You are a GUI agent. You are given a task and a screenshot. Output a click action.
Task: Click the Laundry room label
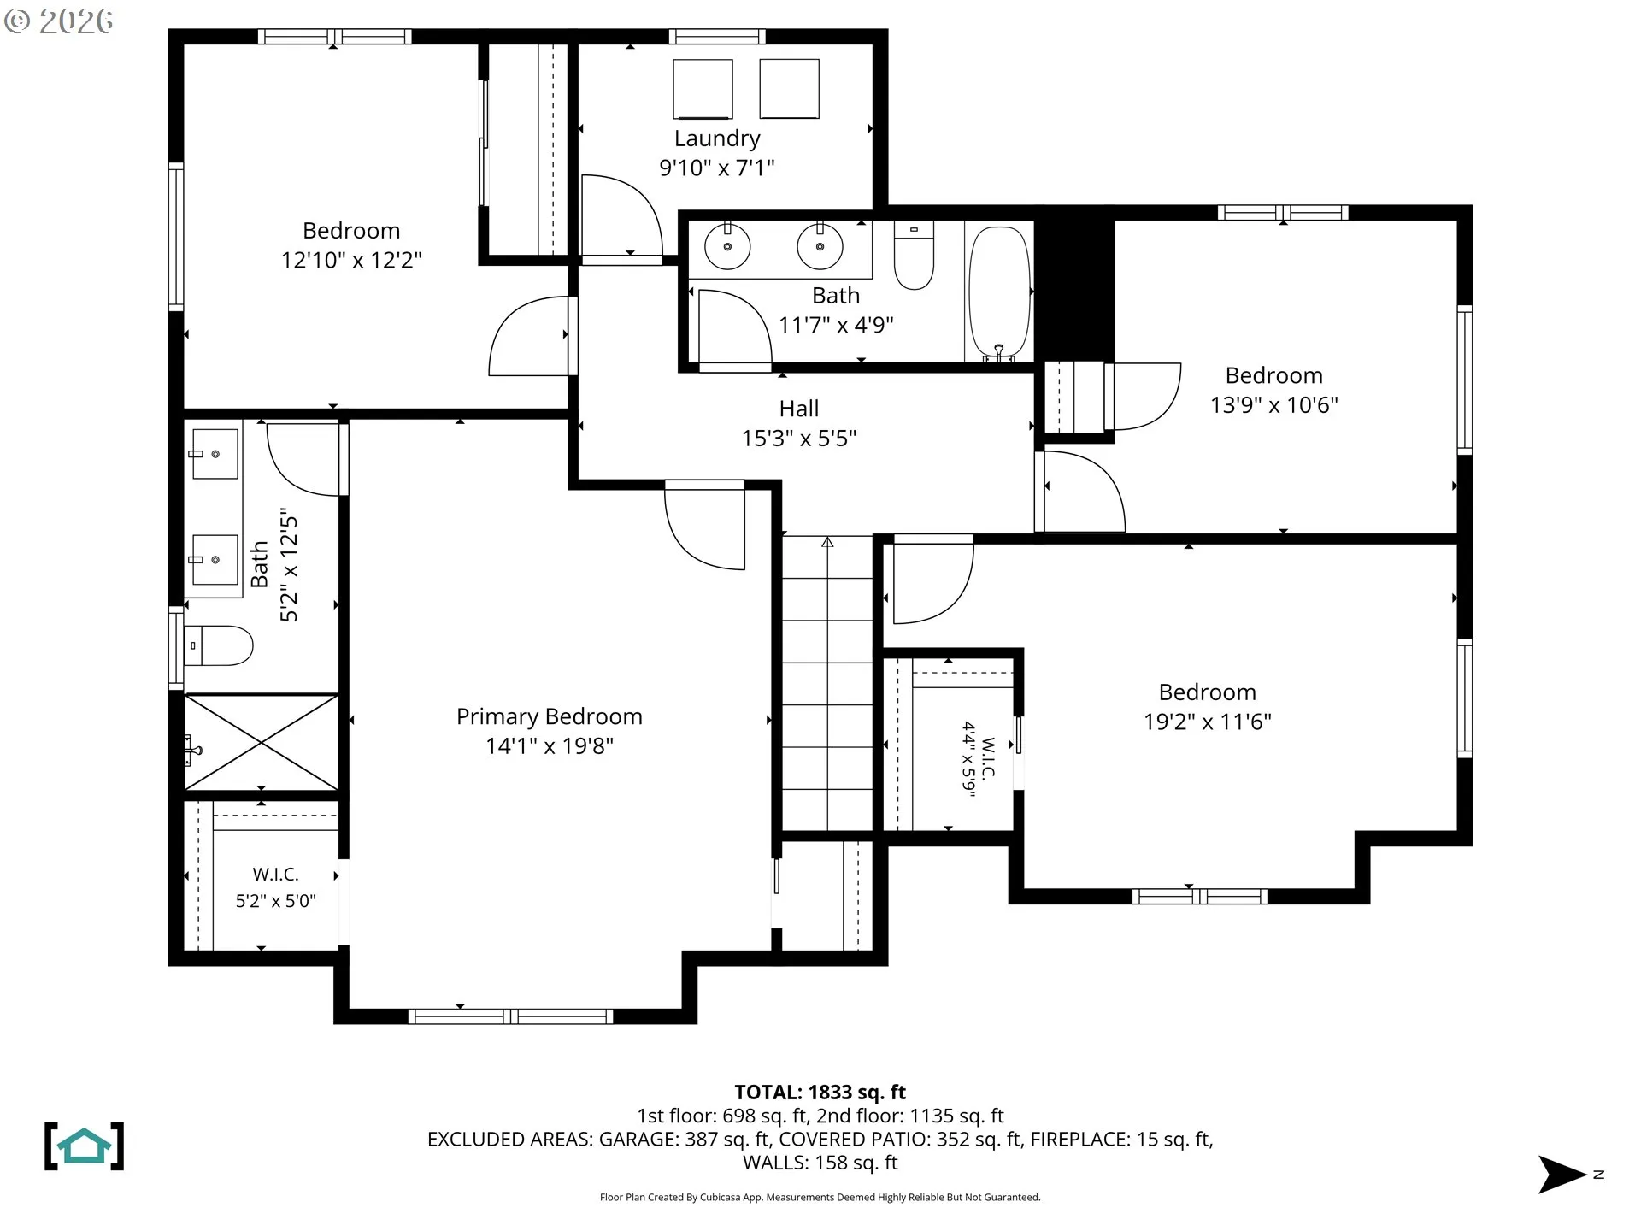717,138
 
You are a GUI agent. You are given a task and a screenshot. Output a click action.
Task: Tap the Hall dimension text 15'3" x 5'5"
799,438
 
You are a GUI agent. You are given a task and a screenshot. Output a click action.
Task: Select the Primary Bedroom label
550,716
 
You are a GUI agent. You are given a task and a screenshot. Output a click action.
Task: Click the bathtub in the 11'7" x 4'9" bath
999,292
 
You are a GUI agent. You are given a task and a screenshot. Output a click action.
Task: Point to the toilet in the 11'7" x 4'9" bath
914,255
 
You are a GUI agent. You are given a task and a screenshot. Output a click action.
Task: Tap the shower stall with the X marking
262,742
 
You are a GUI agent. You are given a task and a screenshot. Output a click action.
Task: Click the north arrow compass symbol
1562,1175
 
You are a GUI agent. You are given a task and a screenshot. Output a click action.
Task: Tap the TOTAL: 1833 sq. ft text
820,1092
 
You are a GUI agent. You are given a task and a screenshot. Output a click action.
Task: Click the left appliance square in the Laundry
703,89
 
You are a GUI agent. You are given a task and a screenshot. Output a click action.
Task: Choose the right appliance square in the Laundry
789,88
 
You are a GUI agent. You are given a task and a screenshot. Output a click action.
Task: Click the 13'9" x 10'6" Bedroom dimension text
1274,404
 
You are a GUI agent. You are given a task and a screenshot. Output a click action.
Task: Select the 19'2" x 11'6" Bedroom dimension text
1208,722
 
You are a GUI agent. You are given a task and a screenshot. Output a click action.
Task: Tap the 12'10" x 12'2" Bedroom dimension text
351,260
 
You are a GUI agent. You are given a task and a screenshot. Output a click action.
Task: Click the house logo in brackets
84,1146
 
